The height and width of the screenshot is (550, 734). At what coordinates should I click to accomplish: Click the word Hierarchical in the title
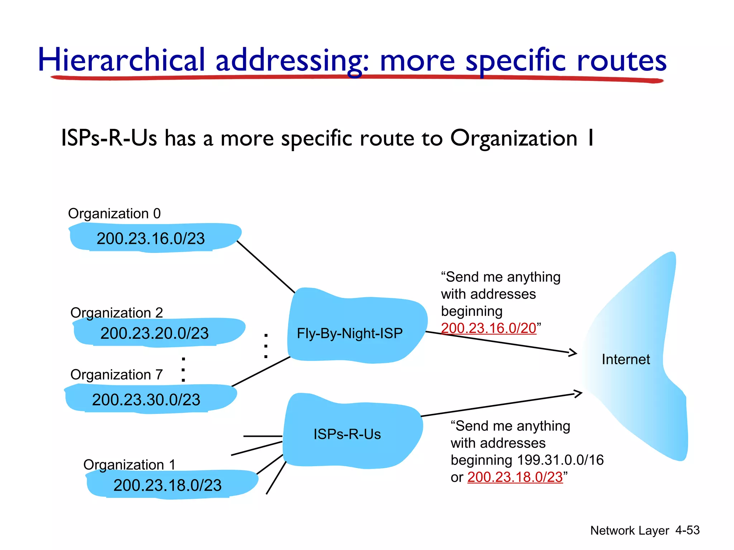[x=121, y=60]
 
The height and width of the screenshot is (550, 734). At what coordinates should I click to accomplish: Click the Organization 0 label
[x=114, y=214]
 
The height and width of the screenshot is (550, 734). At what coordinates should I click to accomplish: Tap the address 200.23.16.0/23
[x=151, y=238]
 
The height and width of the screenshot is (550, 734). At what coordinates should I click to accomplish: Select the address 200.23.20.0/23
[x=154, y=333]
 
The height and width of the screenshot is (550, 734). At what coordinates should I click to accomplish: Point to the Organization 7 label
[x=116, y=375]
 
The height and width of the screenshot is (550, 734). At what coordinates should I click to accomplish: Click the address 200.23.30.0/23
[x=146, y=400]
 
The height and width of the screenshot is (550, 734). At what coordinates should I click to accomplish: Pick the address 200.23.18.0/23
[x=167, y=486]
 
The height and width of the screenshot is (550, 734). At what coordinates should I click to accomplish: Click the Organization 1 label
[x=129, y=465]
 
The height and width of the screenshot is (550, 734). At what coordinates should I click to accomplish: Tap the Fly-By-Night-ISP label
[x=349, y=334]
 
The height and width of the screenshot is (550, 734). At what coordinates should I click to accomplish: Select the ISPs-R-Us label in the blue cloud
[x=347, y=434]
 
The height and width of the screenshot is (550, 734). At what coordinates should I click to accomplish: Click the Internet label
[x=626, y=360]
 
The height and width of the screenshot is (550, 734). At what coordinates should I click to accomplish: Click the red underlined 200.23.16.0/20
[x=488, y=328]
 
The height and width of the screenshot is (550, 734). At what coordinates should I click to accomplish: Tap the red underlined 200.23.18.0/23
[x=515, y=477]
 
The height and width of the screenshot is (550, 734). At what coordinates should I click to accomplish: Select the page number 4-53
[x=687, y=530]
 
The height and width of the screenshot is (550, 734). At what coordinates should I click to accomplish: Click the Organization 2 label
[x=116, y=313]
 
